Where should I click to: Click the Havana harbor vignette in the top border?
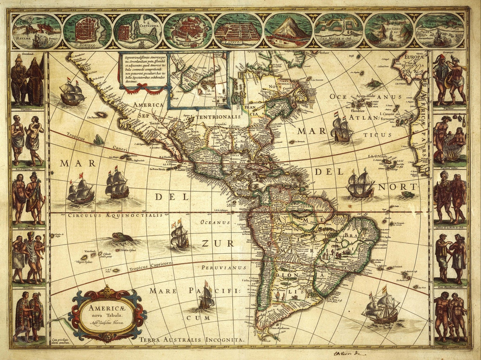click(x=36, y=31)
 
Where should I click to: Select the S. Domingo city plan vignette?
click(x=87, y=31)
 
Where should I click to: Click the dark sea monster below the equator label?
click(x=122, y=238)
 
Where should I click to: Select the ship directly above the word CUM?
click(x=206, y=296)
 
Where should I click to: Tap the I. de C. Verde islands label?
click(x=378, y=157)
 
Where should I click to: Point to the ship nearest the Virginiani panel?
click(x=73, y=94)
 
